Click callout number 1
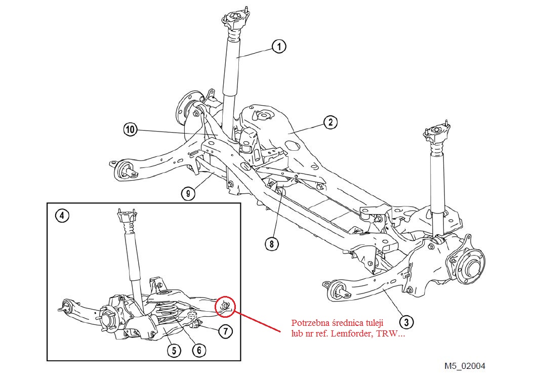[x=279, y=47]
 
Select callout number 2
[x=329, y=122]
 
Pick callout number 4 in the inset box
[x=61, y=216]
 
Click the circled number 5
[x=174, y=350]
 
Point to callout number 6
[x=198, y=349]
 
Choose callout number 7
[x=225, y=331]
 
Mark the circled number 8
[x=271, y=243]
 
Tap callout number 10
[x=131, y=130]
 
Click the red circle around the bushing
[x=225, y=305]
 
